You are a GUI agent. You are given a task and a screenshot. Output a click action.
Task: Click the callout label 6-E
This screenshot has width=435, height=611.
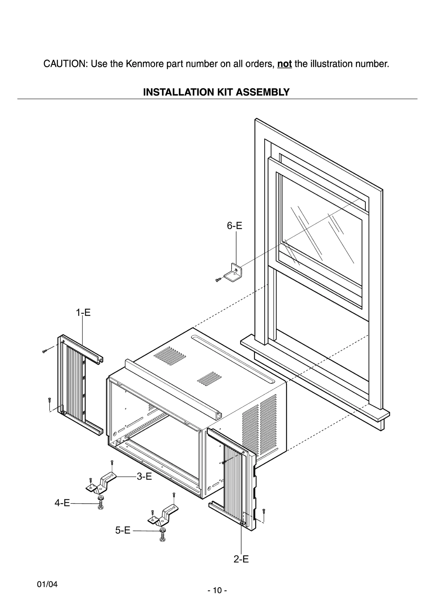[x=234, y=226]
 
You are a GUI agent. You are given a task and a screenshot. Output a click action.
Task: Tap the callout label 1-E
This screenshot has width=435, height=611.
[x=83, y=313]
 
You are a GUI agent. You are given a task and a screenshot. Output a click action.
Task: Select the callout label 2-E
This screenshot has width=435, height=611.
[x=241, y=559]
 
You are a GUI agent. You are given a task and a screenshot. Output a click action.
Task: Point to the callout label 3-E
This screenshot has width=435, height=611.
[x=144, y=477]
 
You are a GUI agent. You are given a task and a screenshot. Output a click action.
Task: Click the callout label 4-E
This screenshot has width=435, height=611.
[x=62, y=503]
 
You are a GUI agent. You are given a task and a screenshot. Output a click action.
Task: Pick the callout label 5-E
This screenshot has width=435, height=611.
[x=123, y=530]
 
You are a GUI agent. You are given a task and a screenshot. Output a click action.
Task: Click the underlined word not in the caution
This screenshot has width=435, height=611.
[x=284, y=64]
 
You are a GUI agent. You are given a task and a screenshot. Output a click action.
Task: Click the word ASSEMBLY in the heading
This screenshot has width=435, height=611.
[x=262, y=92]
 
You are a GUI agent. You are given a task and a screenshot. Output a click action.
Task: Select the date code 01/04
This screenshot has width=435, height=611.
[x=47, y=584]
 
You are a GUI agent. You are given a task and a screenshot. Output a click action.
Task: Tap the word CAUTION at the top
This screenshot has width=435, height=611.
[x=65, y=64]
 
